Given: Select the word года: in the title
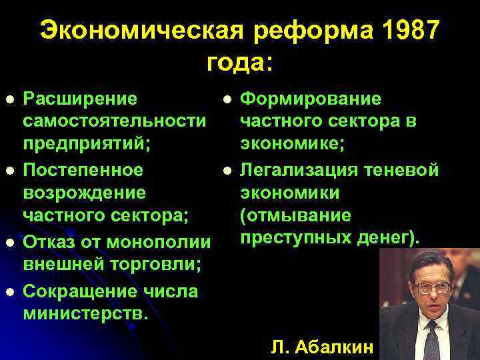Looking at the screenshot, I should coord(239,63).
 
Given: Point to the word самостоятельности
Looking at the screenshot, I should coord(114,121).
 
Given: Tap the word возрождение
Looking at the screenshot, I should coord(84,193).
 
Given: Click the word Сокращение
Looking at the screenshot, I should coord(81,291).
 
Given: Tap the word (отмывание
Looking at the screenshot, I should coord(295,216).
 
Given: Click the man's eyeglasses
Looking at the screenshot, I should coord(432,288).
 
